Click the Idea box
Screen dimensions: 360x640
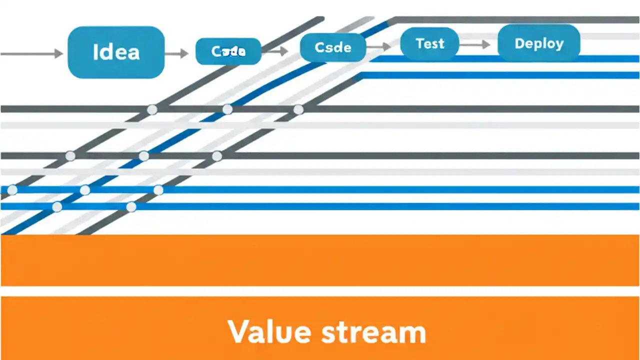pos(116,52)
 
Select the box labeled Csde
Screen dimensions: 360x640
pos(333,48)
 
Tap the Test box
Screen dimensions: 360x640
pos(429,44)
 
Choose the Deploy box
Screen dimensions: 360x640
pos(539,44)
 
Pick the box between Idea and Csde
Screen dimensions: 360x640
pos(228,51)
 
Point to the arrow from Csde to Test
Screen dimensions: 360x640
pos(378,46)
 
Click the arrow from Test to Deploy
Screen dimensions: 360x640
pos(474,44)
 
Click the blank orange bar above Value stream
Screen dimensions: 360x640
pos(320,260)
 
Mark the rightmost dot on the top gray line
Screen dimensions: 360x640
pos(298,109)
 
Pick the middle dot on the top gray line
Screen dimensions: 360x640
pos(227,109)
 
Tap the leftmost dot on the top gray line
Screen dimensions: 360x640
pos(152,109)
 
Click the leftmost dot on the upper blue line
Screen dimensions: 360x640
pos(12,190)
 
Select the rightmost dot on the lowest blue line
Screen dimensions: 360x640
pos(131,206)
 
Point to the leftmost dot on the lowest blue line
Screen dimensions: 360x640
pos(57,206)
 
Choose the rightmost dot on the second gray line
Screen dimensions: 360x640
pos(217,156)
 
